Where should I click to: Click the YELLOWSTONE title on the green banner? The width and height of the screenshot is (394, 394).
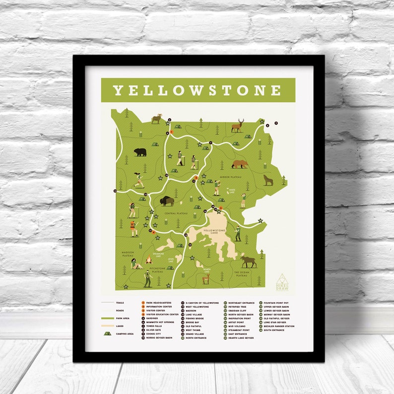[197, 90]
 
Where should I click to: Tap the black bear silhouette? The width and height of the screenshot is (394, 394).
[140, 152]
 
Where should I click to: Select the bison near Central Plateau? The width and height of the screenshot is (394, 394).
[167, 201]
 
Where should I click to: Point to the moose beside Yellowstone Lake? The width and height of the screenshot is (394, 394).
[248, 261]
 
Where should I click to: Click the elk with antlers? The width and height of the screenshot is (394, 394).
[238, 126]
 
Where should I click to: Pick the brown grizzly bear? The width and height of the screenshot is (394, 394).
[239, 164]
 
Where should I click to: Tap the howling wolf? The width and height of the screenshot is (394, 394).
[268, 180]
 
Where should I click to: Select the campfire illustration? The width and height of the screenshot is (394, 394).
[148, 260]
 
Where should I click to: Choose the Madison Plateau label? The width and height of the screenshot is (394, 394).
[128, 254]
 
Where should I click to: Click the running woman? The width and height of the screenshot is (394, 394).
[138, 179]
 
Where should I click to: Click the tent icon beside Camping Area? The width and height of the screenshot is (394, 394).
[107, 334]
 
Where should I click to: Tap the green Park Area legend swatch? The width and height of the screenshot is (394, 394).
[108, 318]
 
